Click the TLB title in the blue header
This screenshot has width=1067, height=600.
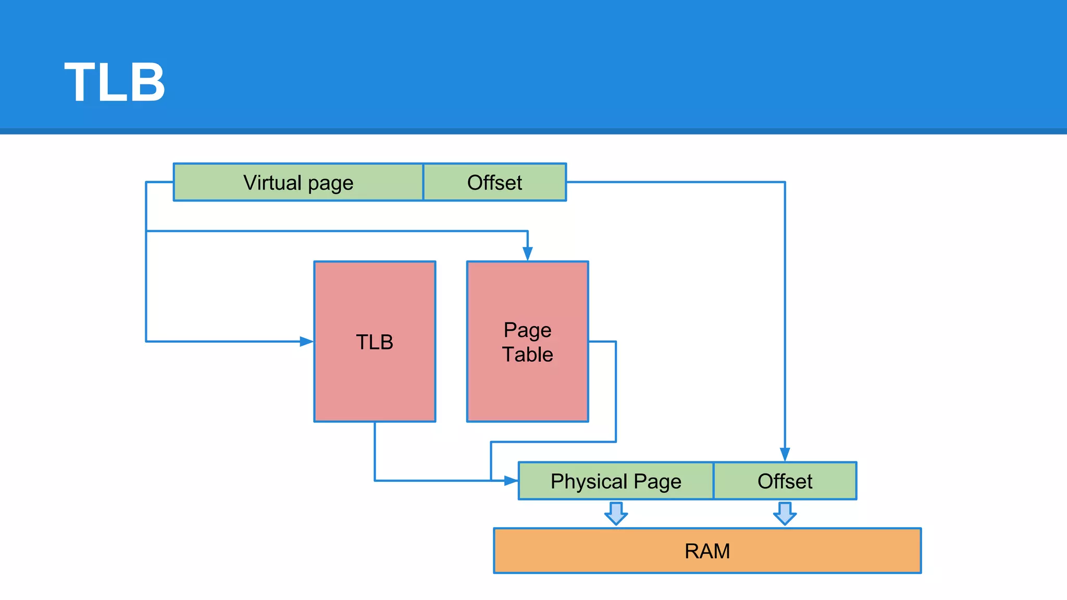point(115,82)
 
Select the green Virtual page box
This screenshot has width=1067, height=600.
point(298,182)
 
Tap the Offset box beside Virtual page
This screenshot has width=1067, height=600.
point(494,182)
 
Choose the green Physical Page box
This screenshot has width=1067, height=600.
point(616,481)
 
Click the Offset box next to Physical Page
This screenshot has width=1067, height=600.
point(785,481)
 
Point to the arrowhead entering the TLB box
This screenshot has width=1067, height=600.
point(307,342)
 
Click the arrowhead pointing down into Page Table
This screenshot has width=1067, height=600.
point(527,254)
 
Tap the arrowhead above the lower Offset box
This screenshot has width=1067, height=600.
point(785,454)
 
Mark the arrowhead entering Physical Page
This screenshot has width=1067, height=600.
point(511,481)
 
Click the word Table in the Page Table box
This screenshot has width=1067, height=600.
point(527,355)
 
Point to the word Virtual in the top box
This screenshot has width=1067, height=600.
point(272,182)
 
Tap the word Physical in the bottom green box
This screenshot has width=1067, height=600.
point(589,481)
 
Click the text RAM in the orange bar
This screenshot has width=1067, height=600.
point(707,551)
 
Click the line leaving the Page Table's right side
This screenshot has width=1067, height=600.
point(615,391)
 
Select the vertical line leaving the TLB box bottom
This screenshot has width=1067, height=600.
point(375,451)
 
